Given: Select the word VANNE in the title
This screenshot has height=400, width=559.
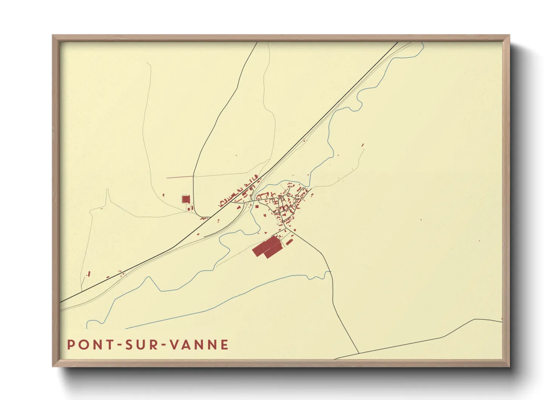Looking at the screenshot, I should (x=199, y=345).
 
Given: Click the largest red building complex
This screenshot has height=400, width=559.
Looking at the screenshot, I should (x=267, y=247).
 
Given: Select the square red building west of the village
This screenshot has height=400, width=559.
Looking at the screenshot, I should (x=185, y=199).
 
